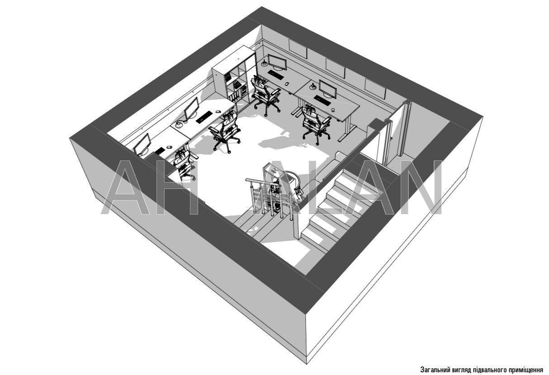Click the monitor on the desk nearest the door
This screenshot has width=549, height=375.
328,89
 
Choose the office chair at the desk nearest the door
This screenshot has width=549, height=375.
316,124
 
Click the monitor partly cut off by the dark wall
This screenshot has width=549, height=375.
142,145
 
